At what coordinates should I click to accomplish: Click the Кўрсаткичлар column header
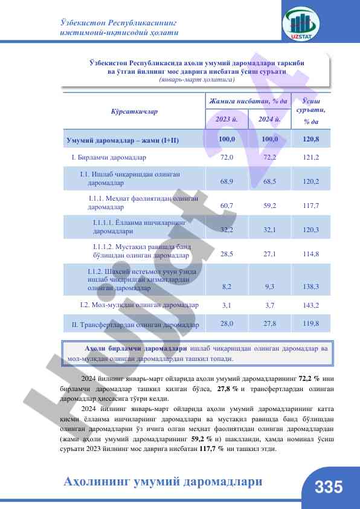coord(134,112)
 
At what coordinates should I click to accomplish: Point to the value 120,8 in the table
coord(311,140)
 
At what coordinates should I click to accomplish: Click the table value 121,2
coord(311,157)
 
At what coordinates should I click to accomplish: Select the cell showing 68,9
coord(227,181)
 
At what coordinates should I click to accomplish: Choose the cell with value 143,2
coord(311,305)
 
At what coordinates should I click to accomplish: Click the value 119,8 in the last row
coord(311,323)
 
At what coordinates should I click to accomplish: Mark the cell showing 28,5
coord(227,254)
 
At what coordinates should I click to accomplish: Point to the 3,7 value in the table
coord(270,305)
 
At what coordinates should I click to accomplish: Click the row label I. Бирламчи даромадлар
coord(109,157)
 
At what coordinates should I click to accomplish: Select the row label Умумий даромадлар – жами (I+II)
coord(123,141)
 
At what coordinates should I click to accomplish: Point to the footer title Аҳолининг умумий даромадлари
coord(163,482)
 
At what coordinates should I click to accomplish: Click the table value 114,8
coord(311,254)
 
